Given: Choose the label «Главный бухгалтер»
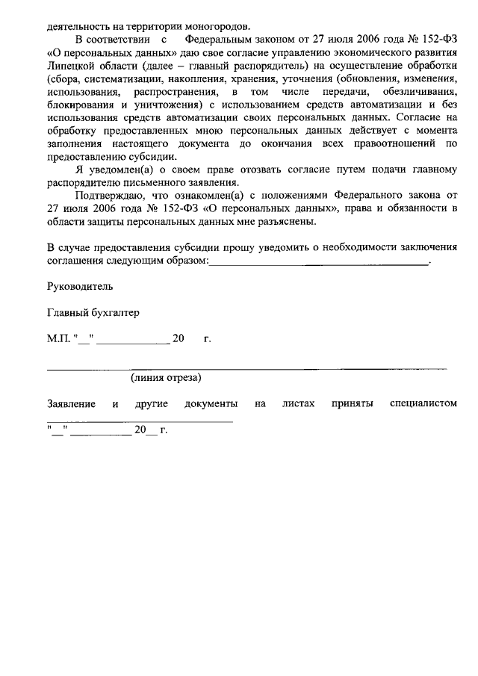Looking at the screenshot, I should tap(93, 313).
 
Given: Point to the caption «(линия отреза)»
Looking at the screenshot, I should tap(166, 378).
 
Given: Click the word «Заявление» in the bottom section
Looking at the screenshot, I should tap(71, 404).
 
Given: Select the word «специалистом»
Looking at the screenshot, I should tap(423, 404).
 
